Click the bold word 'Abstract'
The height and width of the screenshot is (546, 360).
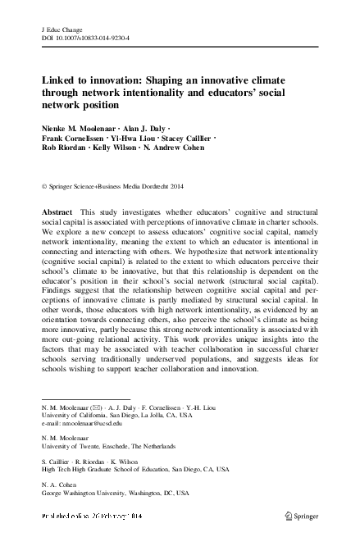pyautogui.click(x=58, y=212)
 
